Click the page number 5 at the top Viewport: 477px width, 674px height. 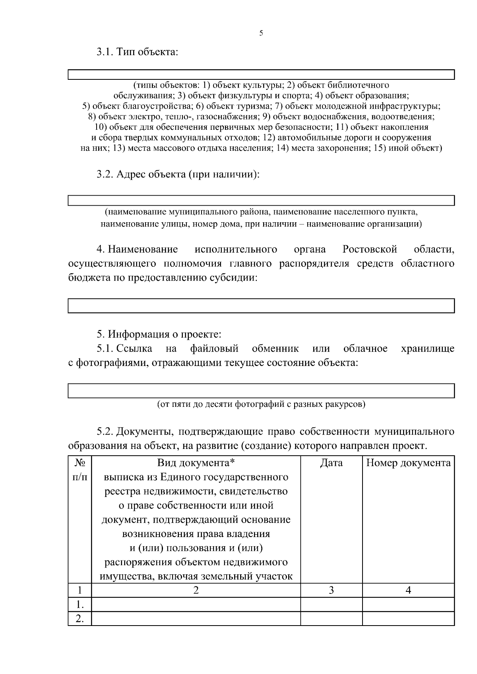[261, 33]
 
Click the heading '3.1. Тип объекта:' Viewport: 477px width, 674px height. [137, 52]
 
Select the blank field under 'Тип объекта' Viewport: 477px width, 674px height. [261, 75]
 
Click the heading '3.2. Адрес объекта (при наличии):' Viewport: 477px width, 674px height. [178, 174]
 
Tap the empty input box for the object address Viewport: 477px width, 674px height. [261, 200]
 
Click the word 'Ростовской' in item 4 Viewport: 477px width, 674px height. [369, 249]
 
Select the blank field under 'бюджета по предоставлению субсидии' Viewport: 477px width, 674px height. [261, 306]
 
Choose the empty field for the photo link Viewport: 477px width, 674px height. [261, 390]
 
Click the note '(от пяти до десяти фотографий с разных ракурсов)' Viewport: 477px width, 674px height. [261, 404]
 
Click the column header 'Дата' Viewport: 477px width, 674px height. [331, 463]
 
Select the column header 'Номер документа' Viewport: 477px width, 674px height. [408, 463]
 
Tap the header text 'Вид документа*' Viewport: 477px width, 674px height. [196, 463]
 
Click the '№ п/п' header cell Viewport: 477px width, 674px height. [79, 470]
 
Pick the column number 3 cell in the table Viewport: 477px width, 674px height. [331, 590]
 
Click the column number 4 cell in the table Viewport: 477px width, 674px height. [408, 590]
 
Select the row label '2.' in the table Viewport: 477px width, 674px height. [80, 618]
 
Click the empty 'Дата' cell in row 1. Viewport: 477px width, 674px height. [331, 605]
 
